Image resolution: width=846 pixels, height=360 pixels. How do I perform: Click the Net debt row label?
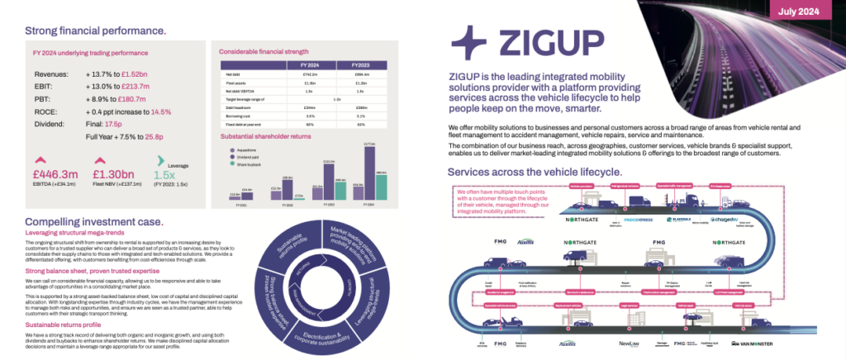231,74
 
